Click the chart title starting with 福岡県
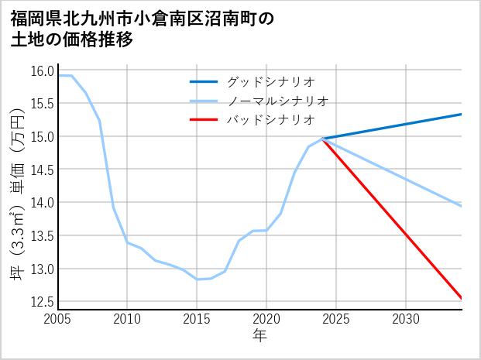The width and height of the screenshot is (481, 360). [x=143, y=29]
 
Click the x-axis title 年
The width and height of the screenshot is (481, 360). [x=259, y=335]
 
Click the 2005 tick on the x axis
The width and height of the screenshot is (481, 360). [x=57, y=319]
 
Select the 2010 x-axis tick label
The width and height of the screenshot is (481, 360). [x=127, y=319]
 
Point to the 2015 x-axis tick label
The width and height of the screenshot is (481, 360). [x=197, y=319]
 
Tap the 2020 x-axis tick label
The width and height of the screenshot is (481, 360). [x=266, y=319]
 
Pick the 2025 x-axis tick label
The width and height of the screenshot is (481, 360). [x=336, y=319]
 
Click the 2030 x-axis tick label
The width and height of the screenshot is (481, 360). [x=406, y=319]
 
